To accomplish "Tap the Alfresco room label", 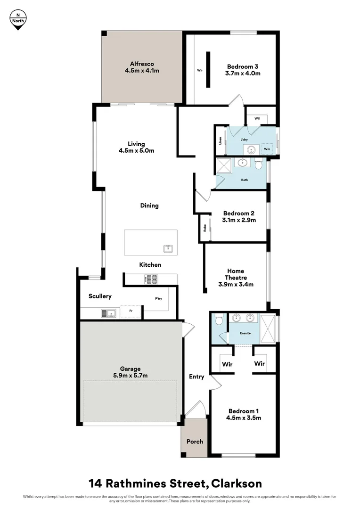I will pos(142,64).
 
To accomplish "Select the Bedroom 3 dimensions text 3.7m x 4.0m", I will pos(243,73).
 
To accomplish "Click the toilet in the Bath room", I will pos(258,165).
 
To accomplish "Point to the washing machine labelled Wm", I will pos(267,148).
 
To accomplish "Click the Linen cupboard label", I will pos(220,140).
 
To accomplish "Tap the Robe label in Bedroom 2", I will pos(205,228).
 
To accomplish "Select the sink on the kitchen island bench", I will pos(168,248).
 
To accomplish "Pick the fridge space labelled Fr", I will pos(131,312).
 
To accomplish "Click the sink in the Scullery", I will pos(109,312).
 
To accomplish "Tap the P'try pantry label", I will pos(159,299).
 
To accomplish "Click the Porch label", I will pos(195,441).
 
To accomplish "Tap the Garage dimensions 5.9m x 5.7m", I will pos(130,375).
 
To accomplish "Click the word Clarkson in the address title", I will pos(236,483).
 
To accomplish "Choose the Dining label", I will pos(149,205).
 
